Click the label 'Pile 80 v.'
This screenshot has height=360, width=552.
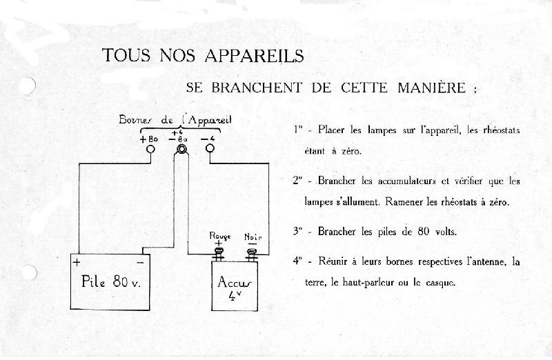point(112,281)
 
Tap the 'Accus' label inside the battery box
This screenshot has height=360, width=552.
point(235,282)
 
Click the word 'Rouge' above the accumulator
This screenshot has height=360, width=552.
point(220,236)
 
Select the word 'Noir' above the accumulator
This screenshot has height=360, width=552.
point(253,237)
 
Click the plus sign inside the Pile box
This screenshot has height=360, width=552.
point(77,263)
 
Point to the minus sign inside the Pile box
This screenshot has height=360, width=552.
point(140,263)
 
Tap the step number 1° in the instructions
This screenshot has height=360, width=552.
point(298,130)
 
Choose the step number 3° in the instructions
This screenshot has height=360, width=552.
point(298,232)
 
